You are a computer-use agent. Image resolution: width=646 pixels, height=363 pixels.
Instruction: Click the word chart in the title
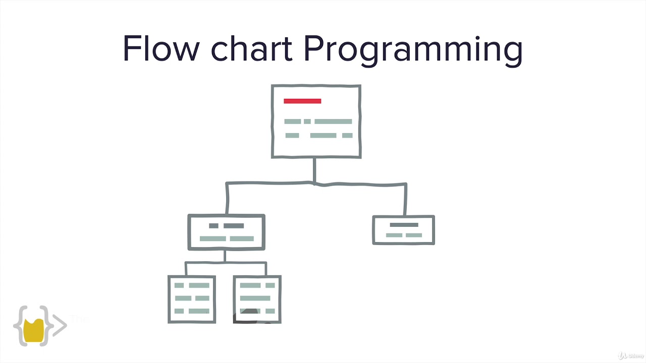[251, 49]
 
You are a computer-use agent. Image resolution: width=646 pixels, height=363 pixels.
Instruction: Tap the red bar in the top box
[302, 101]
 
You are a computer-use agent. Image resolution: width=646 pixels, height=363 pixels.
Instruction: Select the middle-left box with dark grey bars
[226, 232]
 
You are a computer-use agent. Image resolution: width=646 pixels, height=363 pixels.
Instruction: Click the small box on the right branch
[403, 230]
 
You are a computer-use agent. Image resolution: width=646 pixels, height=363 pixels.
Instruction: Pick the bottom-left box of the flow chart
[192, 299]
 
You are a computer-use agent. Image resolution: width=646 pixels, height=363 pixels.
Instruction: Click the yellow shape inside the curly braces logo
[34, 330]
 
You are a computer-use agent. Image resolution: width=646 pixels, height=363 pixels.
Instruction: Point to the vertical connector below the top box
[314, 170]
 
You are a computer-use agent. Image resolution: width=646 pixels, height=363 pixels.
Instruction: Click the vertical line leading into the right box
[405, 200]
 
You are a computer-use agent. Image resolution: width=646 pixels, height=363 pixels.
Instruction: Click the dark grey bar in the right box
[404, 225]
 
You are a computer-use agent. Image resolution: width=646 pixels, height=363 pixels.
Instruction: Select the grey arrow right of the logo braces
[60, 325]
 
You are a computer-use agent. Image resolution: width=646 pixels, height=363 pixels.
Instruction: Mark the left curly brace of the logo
[20, 326]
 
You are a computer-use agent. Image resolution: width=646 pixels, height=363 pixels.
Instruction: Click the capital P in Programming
[313, 49]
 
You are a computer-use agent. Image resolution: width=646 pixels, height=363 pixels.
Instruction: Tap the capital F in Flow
[131, 49]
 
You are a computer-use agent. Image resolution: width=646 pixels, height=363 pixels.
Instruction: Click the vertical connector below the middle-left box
[225, 256]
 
